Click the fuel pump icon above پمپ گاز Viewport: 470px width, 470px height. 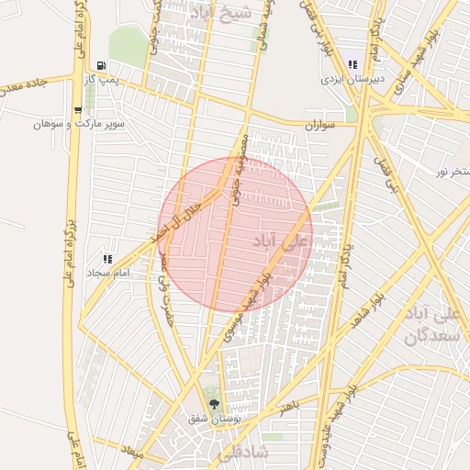pos(100,66)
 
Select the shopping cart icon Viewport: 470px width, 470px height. pos(79,109)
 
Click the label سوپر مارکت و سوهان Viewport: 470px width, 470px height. pos(79,123)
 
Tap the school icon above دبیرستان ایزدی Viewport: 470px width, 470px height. pos(352,65)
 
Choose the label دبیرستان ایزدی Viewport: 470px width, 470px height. pos(351,80)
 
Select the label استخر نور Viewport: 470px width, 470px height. pos(451,172)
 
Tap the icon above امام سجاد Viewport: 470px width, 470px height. pos(108,260)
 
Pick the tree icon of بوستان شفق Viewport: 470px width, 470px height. pos(215,404)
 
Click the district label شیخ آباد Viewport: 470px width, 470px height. pos(225,13)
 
